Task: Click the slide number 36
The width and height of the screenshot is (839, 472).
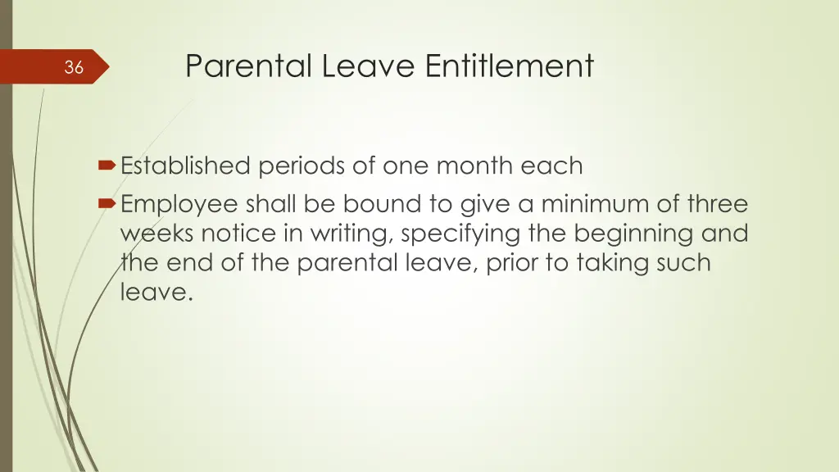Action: [x=74, y=68]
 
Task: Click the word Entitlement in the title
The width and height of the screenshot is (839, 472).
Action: [x=509, y=66]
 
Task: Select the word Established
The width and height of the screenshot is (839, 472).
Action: [x=185, y=166]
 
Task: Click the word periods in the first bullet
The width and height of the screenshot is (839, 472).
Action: [x=298, y=166]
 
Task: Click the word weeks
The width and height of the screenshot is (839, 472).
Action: [x=157, y=234]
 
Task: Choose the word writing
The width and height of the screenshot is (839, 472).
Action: [x=343, y=234]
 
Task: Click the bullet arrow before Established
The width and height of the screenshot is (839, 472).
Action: [x=107, y=166]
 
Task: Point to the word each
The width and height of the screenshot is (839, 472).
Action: [x=553, y=166]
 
